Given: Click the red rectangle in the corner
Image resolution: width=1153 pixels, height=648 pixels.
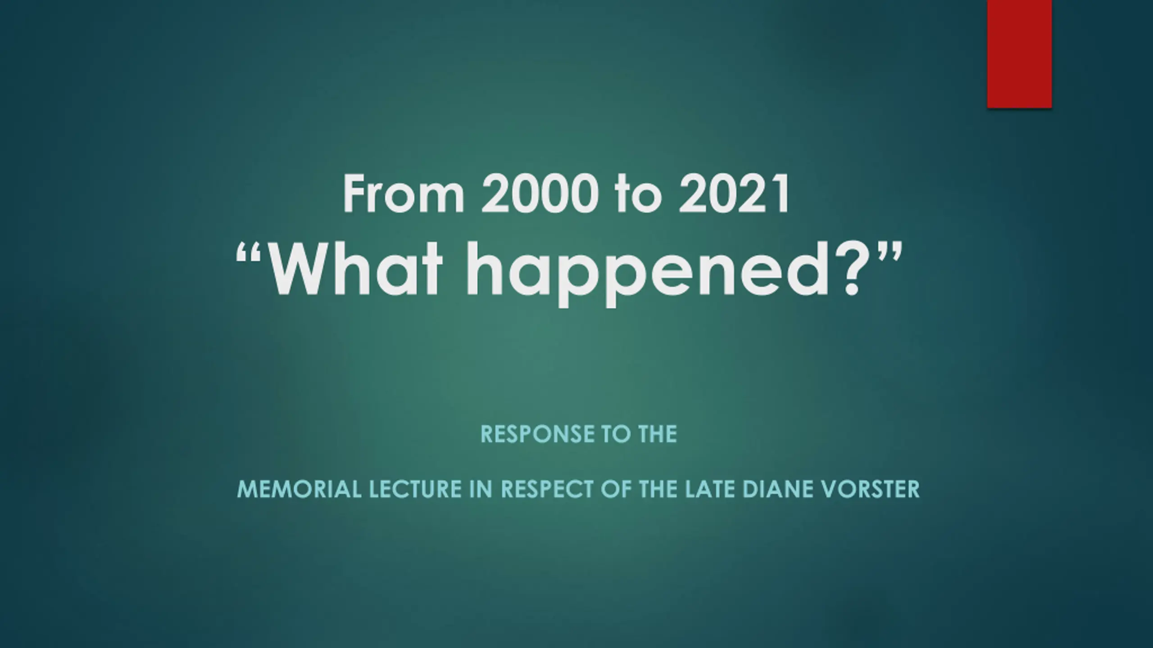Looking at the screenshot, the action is [x=1019, y=54].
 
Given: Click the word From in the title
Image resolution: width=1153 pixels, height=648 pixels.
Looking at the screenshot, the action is [x=404, y=194].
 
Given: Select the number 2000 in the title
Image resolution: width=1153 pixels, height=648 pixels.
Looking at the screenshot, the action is [x=540, y=194].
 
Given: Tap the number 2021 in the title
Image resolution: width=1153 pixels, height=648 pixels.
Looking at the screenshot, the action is [x=734, y=194].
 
